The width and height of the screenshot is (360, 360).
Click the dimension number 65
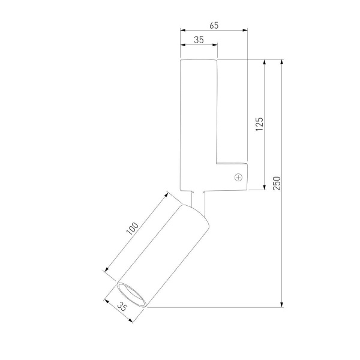pyautogui.click(x=214, y=25)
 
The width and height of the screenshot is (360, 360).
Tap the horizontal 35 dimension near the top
pyautogui.click(x=199, y=40)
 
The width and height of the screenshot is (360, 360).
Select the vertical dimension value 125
pyautogui.click(x=259, y=124)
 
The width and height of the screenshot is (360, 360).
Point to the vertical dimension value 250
pyautogui.click(x=277, y=183)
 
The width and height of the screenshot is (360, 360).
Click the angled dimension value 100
pyautogui.click(x=133, y=229)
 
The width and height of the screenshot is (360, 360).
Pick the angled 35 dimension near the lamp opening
pyautogui.click(x=122, y=306)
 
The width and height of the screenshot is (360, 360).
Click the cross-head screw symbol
pyautogui.click(x=239, y=177)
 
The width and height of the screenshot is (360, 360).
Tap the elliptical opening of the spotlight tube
pyautogui.click(x=131, y=295)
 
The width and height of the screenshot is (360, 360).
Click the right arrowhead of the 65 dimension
pyautogui.click(x=245, y=30)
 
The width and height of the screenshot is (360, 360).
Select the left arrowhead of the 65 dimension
pyautogui.click(x=183, y=30)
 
